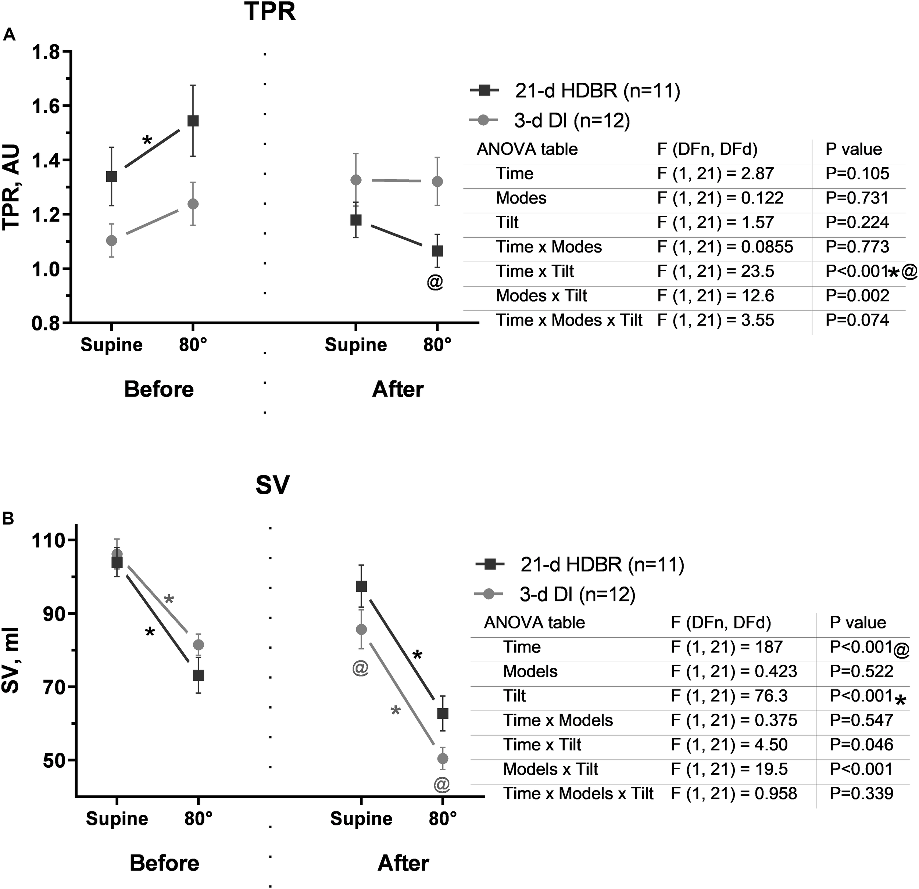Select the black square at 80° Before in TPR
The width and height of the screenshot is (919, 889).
point(193,121)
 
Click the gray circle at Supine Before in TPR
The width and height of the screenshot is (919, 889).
point(112,241)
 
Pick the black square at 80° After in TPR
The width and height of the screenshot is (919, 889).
point(437,251)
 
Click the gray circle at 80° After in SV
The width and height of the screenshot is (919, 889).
point(443,758)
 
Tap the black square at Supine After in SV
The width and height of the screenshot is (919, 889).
point(361,586)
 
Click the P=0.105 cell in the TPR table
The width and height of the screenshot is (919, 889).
point(857,174)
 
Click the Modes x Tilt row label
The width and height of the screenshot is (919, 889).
point(541,296)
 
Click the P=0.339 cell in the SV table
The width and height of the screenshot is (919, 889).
point(861,793)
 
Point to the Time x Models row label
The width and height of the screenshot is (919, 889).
point(558,720)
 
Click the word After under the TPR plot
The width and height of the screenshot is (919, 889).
point(398,390)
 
